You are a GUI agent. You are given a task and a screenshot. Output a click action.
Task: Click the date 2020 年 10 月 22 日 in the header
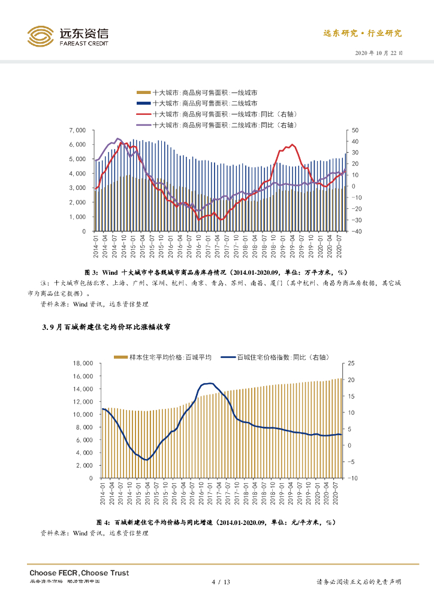(x=379, y=53)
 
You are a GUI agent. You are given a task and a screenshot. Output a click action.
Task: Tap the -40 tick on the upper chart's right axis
(x=355, y=231)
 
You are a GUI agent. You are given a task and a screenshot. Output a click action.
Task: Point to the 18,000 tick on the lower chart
(x=83, y=363)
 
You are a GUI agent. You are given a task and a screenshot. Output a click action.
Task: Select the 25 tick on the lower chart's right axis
(x=352, y=363)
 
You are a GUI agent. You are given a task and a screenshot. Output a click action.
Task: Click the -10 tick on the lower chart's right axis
(x=352, y=478)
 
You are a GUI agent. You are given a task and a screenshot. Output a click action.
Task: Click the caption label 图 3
(x=92, y=271)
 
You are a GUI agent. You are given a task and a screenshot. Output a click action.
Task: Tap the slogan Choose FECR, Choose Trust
(x=79, y=573)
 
